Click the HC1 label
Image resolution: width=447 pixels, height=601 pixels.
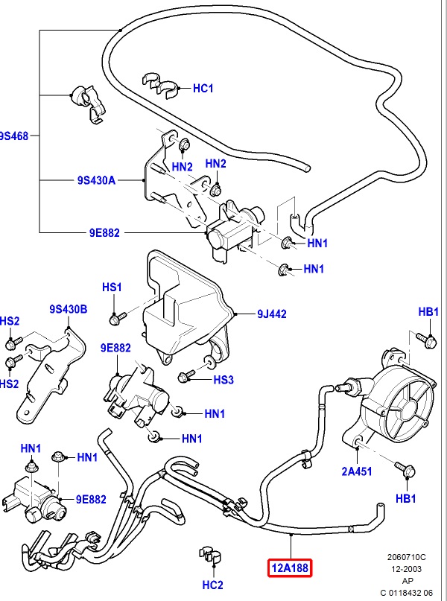[x=203, y=89]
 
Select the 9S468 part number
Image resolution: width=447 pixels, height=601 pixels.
[x=13, y=136]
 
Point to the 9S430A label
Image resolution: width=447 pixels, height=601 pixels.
[x=97, y=180]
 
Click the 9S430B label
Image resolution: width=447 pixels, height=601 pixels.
[x=69, y=309]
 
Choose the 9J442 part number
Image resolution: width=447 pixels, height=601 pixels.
[x=273, y=314]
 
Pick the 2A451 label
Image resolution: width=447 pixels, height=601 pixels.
[x=357, y=470]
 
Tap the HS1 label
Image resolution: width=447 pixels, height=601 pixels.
[x=112, y=287]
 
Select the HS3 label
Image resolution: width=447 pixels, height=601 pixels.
[x=223, y=380]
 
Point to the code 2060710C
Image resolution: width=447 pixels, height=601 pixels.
[x=408, y=556]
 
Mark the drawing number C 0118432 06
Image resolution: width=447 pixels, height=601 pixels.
[x=412, y=592]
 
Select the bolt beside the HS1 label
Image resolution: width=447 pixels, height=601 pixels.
[x=114, y=319]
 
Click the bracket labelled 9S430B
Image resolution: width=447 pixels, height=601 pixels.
[x=45, y=372]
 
